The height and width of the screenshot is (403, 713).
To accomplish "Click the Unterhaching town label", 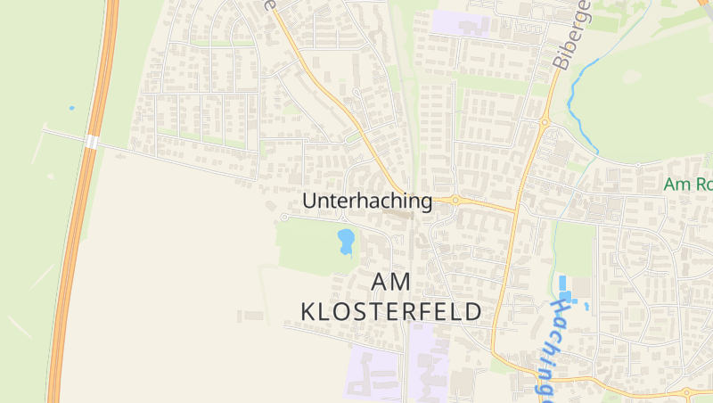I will tap(367, 201).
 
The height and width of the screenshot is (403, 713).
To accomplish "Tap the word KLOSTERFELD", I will tap(392, 311).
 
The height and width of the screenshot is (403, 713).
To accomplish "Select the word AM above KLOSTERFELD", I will tap(391, 282).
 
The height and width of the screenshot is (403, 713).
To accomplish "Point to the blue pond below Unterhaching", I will tap(346, 240).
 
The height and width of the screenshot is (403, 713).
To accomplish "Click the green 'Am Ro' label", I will tap(688, 185).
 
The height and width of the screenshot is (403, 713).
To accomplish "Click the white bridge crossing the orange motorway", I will tap(92, 143).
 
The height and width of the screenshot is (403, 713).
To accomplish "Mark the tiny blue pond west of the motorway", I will tap(71, 109).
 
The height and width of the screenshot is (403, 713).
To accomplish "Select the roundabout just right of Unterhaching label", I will tap(454, 201).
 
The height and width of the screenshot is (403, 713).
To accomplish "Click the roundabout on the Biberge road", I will tap(544, 123).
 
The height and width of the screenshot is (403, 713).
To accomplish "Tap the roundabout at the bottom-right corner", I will tap(687, 391).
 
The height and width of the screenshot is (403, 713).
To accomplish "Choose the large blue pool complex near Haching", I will tap(565, 291).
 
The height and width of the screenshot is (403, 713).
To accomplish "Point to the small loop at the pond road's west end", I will tap(284, 217).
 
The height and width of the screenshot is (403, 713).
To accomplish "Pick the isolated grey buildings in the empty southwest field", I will tap(251, 316).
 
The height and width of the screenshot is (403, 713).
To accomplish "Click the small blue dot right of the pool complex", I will tap(586, 306).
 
